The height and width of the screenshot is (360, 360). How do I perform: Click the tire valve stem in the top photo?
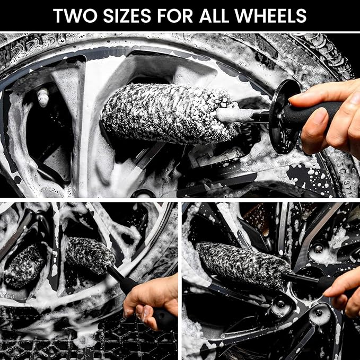[43, 96]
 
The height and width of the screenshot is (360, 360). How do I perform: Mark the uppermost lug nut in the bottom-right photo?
[318, 248]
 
